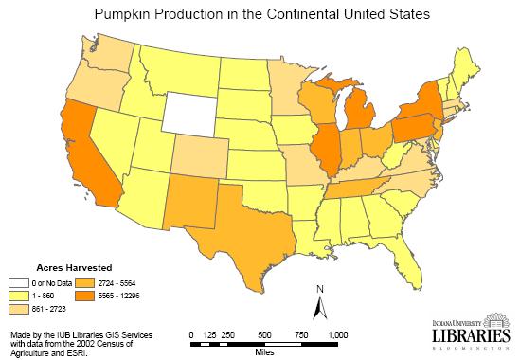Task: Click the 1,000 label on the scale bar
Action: coord(337,334)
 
